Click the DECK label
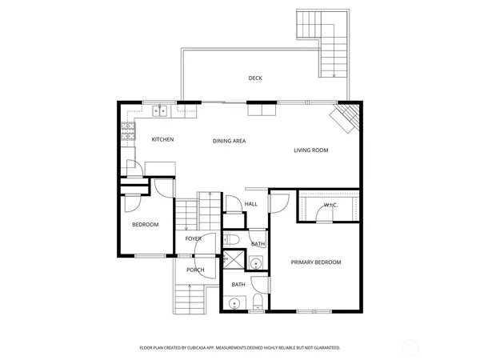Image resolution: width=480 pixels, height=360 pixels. coord(255,78)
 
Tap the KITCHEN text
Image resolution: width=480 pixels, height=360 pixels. coord(162,140)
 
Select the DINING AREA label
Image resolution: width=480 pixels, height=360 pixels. coord(229,141)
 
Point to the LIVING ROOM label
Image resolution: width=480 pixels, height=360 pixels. coord(310,150)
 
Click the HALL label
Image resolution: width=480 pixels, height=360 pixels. coord(250,204)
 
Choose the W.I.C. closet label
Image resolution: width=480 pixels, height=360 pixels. coord(330,206)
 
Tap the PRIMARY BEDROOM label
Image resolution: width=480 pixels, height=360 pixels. coord(315,262)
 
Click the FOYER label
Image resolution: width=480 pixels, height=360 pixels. coord(194,238)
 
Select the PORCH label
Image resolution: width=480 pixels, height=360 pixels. coord(195,270)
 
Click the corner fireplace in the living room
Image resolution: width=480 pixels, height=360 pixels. coord(346,119)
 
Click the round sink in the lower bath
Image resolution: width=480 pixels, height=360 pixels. coord(234,303)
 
